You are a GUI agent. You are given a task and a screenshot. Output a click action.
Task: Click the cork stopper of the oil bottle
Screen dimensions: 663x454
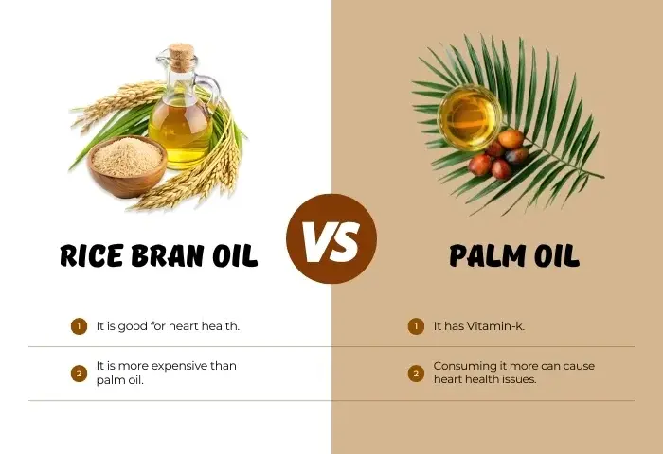pyautogui.click(x=182, y=57)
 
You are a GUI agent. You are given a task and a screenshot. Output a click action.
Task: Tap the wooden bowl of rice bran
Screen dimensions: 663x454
pyautogui.click(x=127, y=166)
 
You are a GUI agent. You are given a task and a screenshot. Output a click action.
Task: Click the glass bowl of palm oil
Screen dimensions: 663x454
pyautogui.click(x=470, y=117)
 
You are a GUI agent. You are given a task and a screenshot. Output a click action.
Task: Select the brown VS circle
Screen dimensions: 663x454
pyautogui.click(x=331, y=238)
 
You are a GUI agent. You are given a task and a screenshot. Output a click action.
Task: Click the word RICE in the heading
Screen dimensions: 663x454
pyautogui.click(x=92, y=255)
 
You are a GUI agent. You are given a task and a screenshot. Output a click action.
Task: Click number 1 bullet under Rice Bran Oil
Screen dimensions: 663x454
pyautogui.click(x=79, y=326)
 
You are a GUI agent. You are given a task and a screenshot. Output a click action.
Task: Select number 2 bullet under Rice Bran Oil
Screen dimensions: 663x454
pyautogui.click(x=79, y=374)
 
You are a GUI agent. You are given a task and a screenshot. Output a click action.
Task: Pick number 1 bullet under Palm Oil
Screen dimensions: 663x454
pyautogui.click(x=416, y=326)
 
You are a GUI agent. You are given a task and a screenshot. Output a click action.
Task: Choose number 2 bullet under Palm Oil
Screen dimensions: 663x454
pyautogui.click(x=416, y=374)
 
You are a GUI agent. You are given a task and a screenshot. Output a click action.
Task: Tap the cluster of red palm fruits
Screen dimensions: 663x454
pyautogui.click(x=499, y=154)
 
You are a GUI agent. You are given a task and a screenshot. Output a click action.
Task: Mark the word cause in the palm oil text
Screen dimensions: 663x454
pyautogui.click(x=579, y=366)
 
